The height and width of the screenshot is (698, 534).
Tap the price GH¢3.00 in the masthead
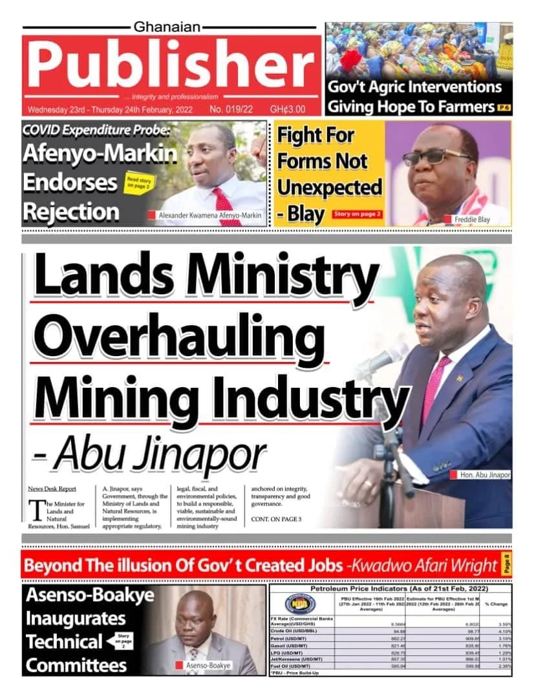(x=288, y=109)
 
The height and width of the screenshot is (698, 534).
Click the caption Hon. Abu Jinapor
(x=485, y=475)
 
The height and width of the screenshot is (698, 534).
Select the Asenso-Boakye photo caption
(x=208, y=665)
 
